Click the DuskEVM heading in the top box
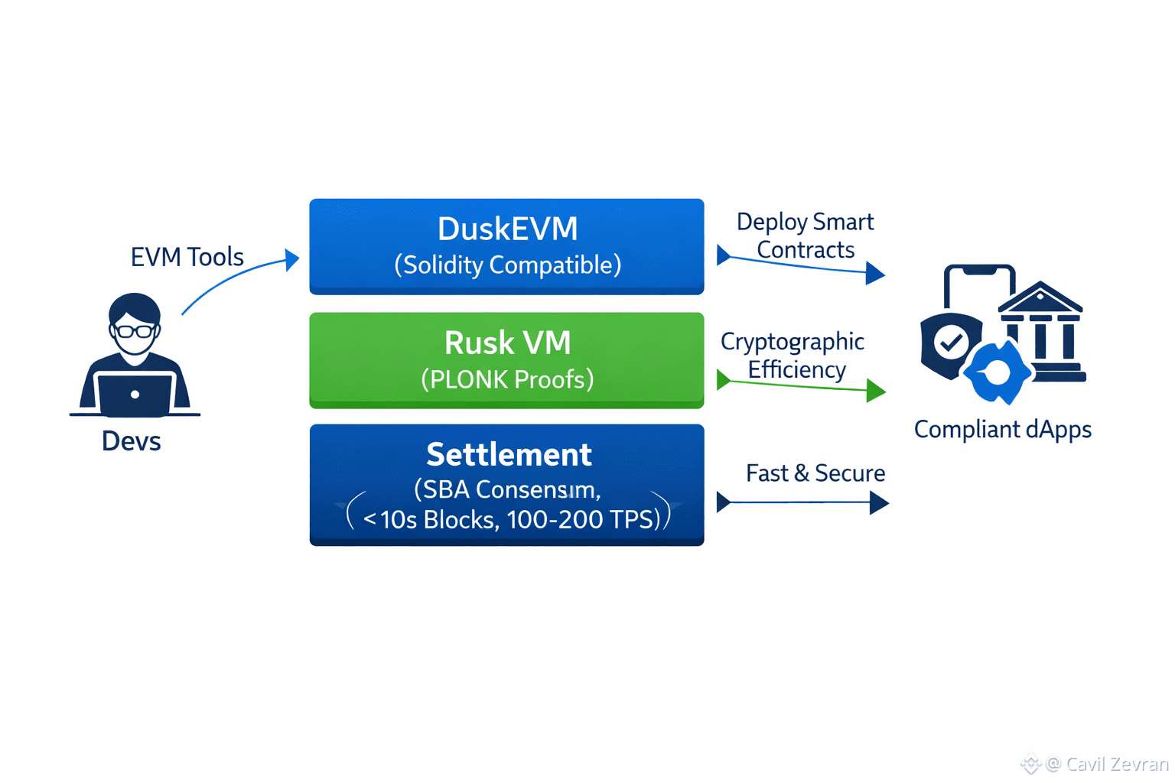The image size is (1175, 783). coord(507,229)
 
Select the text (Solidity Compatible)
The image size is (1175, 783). coord(507,265)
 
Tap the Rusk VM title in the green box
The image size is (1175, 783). coord(507,343)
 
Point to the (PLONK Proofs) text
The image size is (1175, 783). coord(507,379)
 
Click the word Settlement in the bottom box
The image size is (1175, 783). coord(509,454)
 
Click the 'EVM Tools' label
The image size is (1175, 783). coord(187,257)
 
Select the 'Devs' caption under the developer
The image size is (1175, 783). coord(132,441)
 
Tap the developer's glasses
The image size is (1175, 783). coord(135,331)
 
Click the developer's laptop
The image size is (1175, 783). coord(135,394)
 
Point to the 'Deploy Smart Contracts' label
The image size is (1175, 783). coord(805,236)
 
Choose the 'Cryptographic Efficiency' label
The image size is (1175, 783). coord(793,356)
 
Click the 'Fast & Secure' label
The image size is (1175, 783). coord(815,473)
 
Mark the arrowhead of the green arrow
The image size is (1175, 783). coord(877,391)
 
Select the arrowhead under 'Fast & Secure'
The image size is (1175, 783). coord(880,503)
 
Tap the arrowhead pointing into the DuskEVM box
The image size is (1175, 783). coord(291,259)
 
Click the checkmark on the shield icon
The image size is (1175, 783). coord(951,342)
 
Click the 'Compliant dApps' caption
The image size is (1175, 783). coord(1002,429)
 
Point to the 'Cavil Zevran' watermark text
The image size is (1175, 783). coord(1117,764)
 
